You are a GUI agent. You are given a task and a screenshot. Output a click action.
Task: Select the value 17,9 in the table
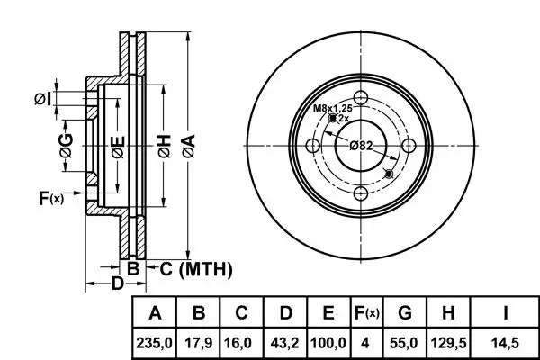200,343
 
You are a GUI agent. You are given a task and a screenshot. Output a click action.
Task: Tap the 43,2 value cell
285,343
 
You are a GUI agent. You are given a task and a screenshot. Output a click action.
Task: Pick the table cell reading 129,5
447,343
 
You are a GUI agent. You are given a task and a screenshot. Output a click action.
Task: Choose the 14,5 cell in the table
507,343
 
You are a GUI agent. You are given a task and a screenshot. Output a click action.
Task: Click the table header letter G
404,314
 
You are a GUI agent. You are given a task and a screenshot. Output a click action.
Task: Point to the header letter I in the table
507,314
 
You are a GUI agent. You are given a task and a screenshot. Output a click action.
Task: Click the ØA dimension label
187,142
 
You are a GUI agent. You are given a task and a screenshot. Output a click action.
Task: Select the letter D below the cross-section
116,285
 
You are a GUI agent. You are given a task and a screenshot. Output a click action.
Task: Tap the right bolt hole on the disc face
408,146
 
